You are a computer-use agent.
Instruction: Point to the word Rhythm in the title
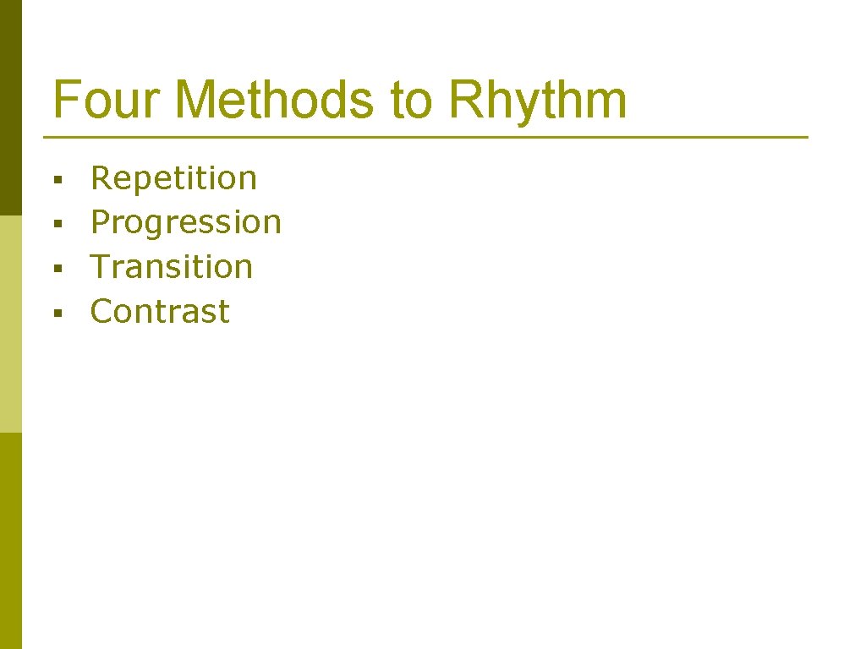(538, 100)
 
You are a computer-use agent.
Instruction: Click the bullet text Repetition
(173, 178)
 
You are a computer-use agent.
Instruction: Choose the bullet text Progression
(185, 222)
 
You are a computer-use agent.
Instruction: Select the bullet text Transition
(172, 267)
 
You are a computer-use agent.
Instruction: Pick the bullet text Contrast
(160, 312)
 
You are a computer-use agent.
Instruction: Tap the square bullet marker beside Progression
(57, 224)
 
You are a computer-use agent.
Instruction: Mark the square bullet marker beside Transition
(57, 269)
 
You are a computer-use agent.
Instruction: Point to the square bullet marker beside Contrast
(57, 314)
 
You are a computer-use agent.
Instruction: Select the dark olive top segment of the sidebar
(10, 107)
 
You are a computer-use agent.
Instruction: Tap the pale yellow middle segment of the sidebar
(10, 324)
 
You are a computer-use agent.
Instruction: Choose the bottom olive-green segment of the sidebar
(10, 541)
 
